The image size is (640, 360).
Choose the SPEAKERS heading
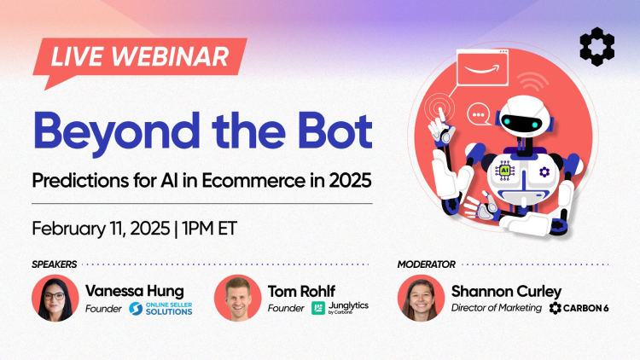click(x=55, y=264)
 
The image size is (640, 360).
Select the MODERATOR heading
click(x=427, y=264)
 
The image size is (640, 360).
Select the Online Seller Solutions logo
click(x=160, y=309)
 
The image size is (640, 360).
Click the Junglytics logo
click(x=340, y=308)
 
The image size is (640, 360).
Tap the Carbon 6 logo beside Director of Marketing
click(x=580, y=308)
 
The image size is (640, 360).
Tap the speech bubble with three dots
click(x=479, y=113)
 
